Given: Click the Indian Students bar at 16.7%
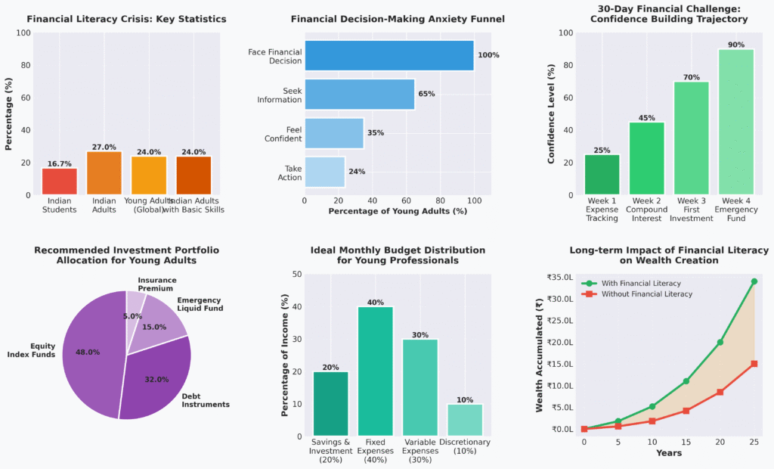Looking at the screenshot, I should coord(59,182).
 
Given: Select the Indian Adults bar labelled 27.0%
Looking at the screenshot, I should coord(104,173).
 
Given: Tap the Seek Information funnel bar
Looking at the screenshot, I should coord(359,95).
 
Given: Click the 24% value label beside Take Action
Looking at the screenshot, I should coord(357,172).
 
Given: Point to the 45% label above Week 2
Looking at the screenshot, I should coord(647,117).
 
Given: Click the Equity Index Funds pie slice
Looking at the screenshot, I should coord(87,356).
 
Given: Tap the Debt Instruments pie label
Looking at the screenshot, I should coord(206,400).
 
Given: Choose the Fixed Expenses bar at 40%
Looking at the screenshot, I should coord(376,371).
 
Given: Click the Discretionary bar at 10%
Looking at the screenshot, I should coord(466,420).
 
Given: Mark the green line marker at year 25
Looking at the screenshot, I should coord(754,281).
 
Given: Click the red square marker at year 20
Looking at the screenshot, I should coord(720,392).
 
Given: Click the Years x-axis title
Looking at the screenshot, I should coord(668,453).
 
